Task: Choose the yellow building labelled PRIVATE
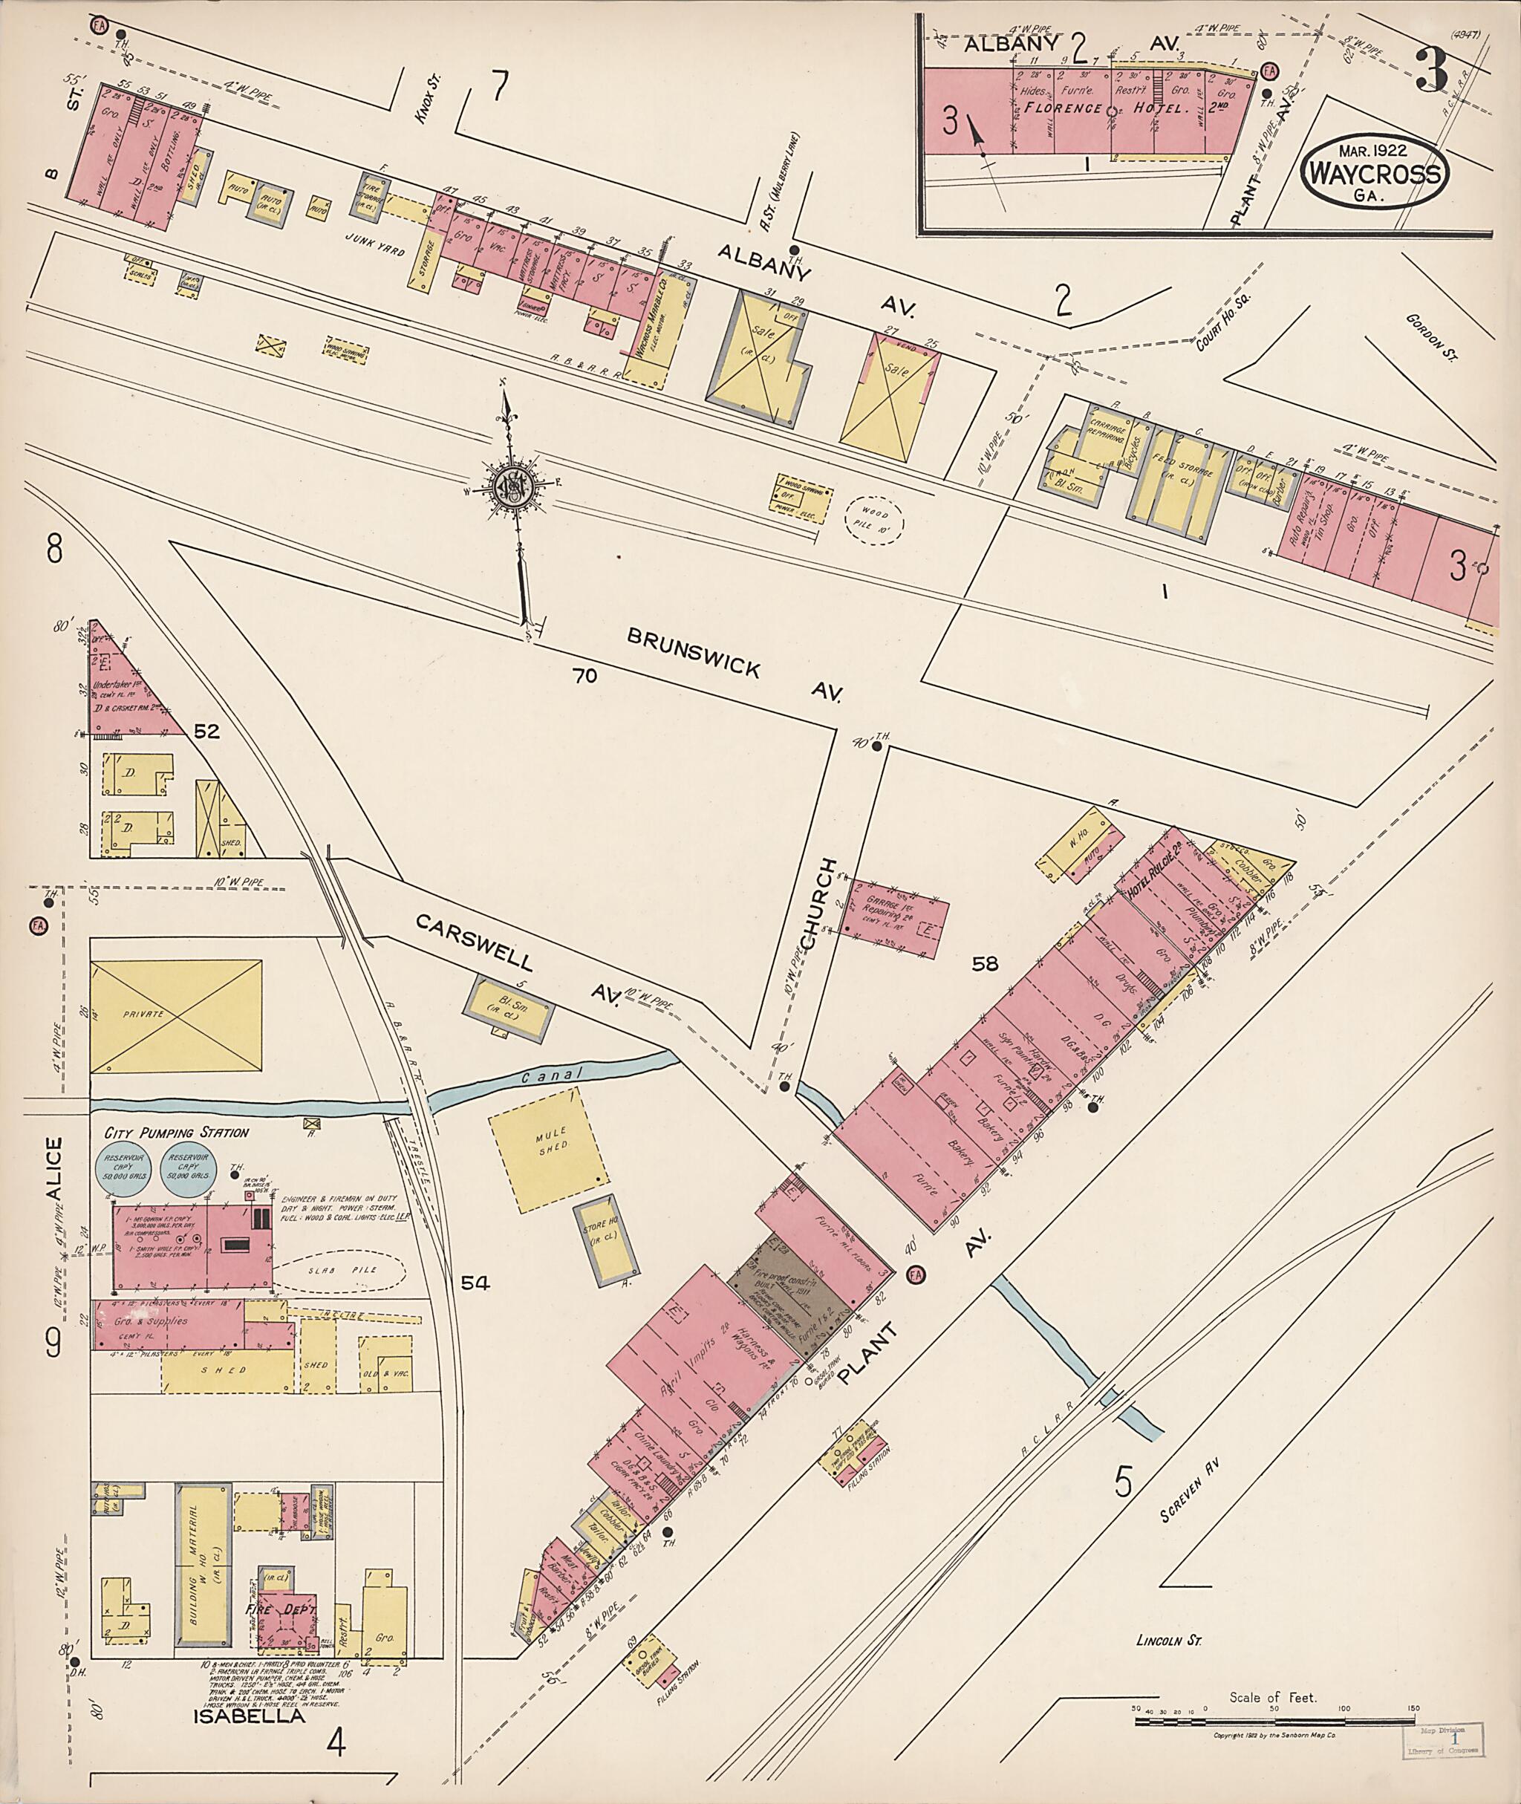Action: click(x=176, y=1016)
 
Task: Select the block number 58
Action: click(x=985, y=964)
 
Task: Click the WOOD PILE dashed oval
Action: click(x=873, y=519)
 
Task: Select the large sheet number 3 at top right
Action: click(x=1430, y=69)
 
